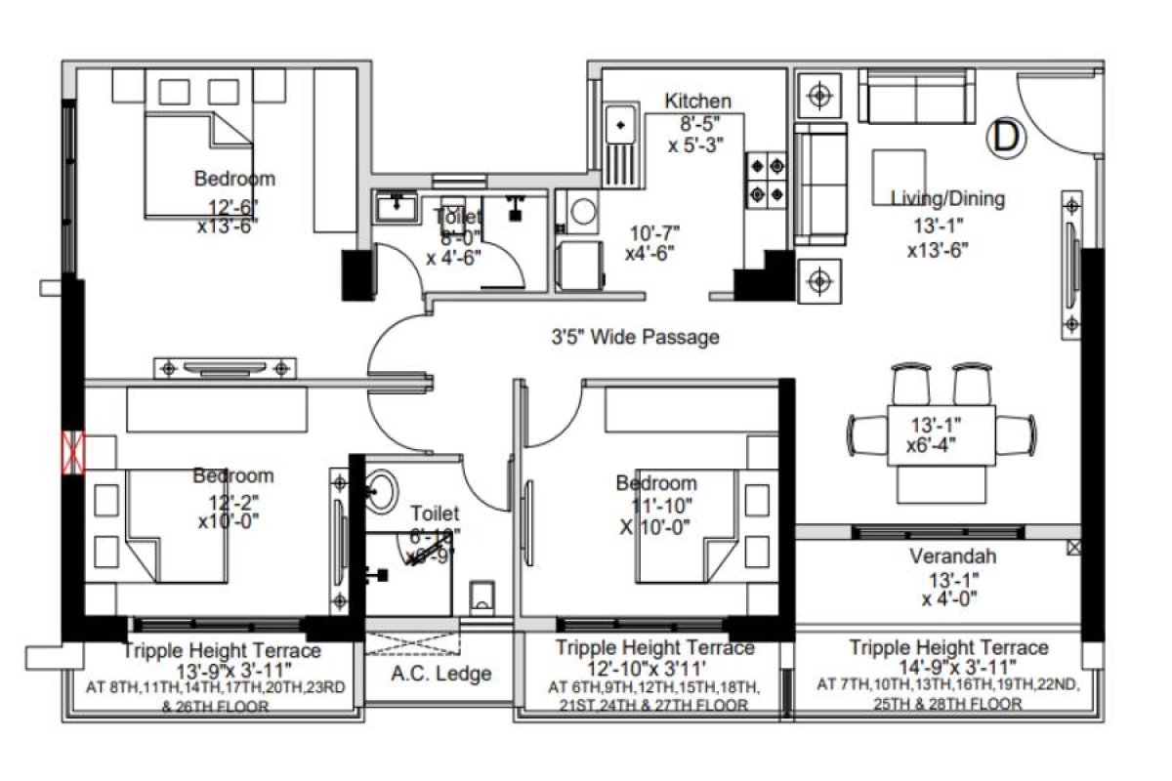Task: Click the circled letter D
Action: pos(1007,137)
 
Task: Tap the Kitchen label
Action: pos(697,102)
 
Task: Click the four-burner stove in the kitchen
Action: pos(766,179)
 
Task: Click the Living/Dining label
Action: pos(947,199)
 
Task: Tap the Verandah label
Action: pos(952,557)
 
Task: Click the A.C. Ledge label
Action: pos(441,674)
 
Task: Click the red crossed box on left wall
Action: pos(73,451)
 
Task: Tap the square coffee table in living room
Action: pos(899,174)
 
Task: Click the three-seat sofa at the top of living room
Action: pos(916,95)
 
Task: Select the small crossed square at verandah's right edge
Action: pos(1074,548)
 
